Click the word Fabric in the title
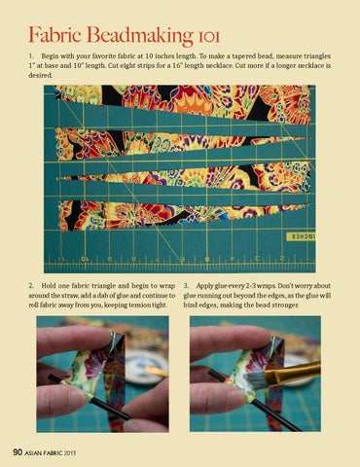click(x=55, y=34)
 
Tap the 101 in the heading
click(x=209, y=37)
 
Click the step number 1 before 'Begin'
click(x=31, y=56)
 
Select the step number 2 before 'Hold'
click(x=31, y=286)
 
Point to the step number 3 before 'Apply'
click(x=186, y=286)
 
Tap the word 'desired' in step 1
click(x=40, y=75)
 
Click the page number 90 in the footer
click(x=18, y=452)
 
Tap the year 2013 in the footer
click(x=70, y=452)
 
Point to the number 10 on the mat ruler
click(x=85, y=259)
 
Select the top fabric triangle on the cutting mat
click(x=182, y=104)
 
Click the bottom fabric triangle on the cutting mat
click(x=182, y=216)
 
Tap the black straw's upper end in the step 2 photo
click(x=51, y=377)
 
